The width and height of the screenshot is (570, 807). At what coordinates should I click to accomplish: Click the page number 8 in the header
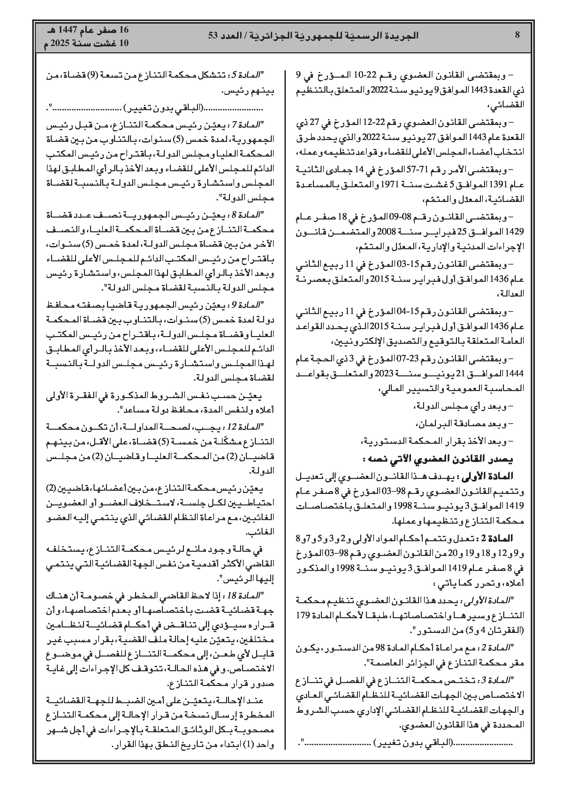(x=517, y=35)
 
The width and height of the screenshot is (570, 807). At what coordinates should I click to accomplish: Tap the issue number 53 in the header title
(x=213, y=35)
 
